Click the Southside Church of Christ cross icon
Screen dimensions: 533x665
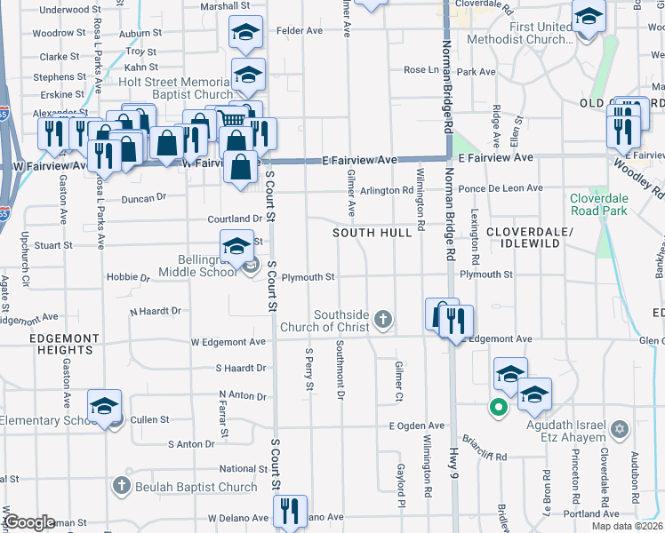coord(383,319)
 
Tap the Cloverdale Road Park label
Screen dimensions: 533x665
coord(598,204)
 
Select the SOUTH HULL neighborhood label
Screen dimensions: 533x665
coord(373,233)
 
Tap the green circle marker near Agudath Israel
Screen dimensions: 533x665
coord(499,408)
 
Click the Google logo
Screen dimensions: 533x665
coord(28,522)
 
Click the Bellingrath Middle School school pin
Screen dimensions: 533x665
coord(236,248)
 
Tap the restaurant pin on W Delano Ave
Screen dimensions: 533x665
coord(289,511)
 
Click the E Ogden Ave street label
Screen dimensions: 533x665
coord(417,426)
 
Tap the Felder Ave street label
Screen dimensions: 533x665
coord(300,30)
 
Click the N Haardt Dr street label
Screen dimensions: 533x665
coord(156,311)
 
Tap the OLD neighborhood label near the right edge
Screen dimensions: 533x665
coord(593,104)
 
